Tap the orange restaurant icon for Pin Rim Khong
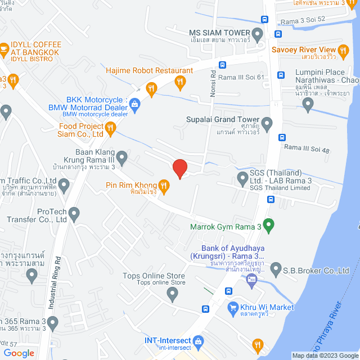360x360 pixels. (x=164, y=185)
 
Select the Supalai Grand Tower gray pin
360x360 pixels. (x=267, y=122)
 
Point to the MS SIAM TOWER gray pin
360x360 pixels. (x=258, y=35)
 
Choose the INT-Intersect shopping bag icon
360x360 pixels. (x=198, y=341)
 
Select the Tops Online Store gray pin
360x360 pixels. (x=174, y=293)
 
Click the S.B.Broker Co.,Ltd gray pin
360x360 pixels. (x=275, y=271)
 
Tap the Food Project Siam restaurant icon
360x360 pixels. (x=111, y=130)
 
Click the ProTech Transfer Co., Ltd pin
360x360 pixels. (x=74, y=214)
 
